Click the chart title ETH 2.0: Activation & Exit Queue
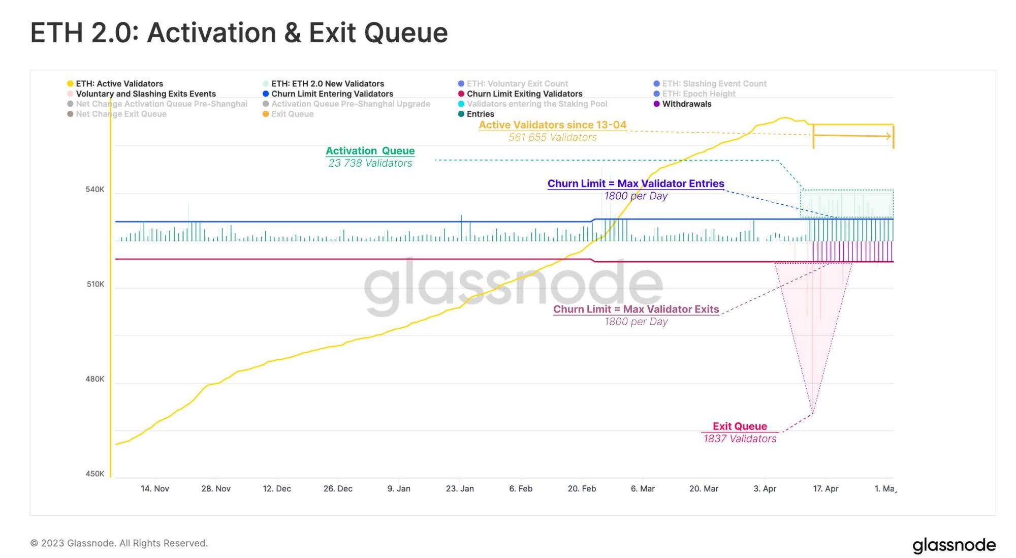pyautogui.click(x=239, y=33)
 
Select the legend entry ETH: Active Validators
pyautogui.click(x=119, y=84)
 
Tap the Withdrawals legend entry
pyautogui.click(x=686, y=104)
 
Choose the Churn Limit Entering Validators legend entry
pyautogui.click(x=332, y=94)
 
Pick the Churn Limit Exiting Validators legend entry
pyautogui.click(x=524, y=94)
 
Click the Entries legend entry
pyautogui.click(x=480, y=114)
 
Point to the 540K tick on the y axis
pyautogui.click(x=95, y=190)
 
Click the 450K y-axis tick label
pyautogui.click(x=95, y=474)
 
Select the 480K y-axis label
pyautogui.click(x=95, y=379)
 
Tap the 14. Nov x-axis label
pyautogui.click(x=155, y=488)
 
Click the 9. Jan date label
pyautogui.click(x=399, y=488)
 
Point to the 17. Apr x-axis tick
pyautogui.click(x=825, y=488)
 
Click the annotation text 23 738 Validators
pyautogui.click(x=370, y=163)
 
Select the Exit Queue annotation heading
pyautogui.click(x=740, y=426)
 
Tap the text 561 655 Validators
pyautogui.click(x=553, y=137)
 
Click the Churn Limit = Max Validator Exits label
pyautogui.click(x=636, y=309)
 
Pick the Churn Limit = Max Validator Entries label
pyautogui.click(x=636, y=183)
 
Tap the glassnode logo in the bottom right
pyautogui.click(x=954, y=545)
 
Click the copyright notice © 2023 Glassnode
pyautogui.click(x=119, y=543)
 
